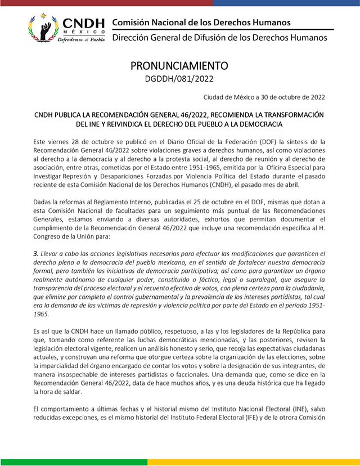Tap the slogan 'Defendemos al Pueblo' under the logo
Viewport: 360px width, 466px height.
coord(83,39)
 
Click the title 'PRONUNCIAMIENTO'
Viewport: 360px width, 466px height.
coord(179,65)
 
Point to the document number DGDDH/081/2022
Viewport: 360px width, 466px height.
coord(179,79)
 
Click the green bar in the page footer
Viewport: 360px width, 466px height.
coord(73,462)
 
